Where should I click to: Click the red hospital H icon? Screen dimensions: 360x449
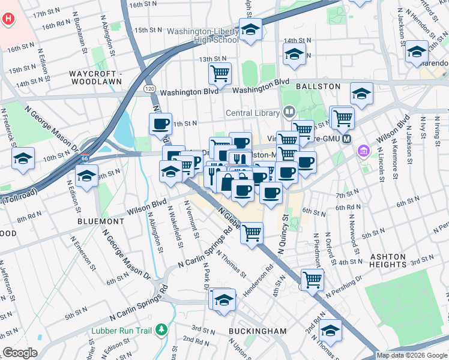[x=8, y=19]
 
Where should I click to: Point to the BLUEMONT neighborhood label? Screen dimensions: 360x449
[x=101, y=221]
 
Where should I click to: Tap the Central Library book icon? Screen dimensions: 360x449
[x=289, y=112]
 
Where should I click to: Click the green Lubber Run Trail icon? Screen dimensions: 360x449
[x=161, y=329]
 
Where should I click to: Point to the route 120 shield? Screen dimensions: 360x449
[x=149, y=89]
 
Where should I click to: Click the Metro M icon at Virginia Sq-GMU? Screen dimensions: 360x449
[x=346, y=139]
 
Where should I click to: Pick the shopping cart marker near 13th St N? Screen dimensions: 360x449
[x=220, y=74]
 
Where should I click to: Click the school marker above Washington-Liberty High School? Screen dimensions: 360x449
[x=250, y=29]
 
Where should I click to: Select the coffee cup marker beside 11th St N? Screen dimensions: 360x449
[x=160, y=124]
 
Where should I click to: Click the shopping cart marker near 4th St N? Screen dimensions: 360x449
[x=312, y=279]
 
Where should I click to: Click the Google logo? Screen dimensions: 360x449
[x=20, y=353]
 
